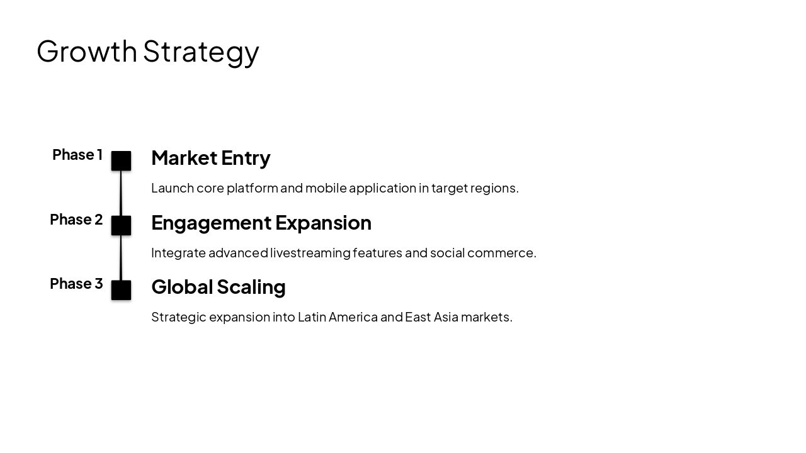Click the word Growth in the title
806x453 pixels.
click(x=87, y=51)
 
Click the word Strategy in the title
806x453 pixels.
click(x=201, y=52)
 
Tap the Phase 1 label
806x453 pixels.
click(x=77, y=155)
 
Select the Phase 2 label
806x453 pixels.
click(x=76, y=220)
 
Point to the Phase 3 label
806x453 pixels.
click(x=76, y=284)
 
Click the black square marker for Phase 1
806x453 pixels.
click(x=121, y=161)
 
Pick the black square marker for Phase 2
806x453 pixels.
click(x=121, y=225)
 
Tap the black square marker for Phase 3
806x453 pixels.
click(x=121, y=290)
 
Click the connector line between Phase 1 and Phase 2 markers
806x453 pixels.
click(x=121, y=193)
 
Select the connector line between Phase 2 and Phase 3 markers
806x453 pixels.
click(x=121, y=258)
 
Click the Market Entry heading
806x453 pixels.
click(x=211, y=158)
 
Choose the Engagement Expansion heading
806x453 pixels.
click(x=261, y=223)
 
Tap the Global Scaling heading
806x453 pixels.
click(x=219, y=287)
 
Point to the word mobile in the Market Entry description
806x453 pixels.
click(x=324, y=188)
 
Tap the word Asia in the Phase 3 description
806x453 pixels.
click(x=446, y=317)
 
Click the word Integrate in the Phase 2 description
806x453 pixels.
click(x=178, y=253)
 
